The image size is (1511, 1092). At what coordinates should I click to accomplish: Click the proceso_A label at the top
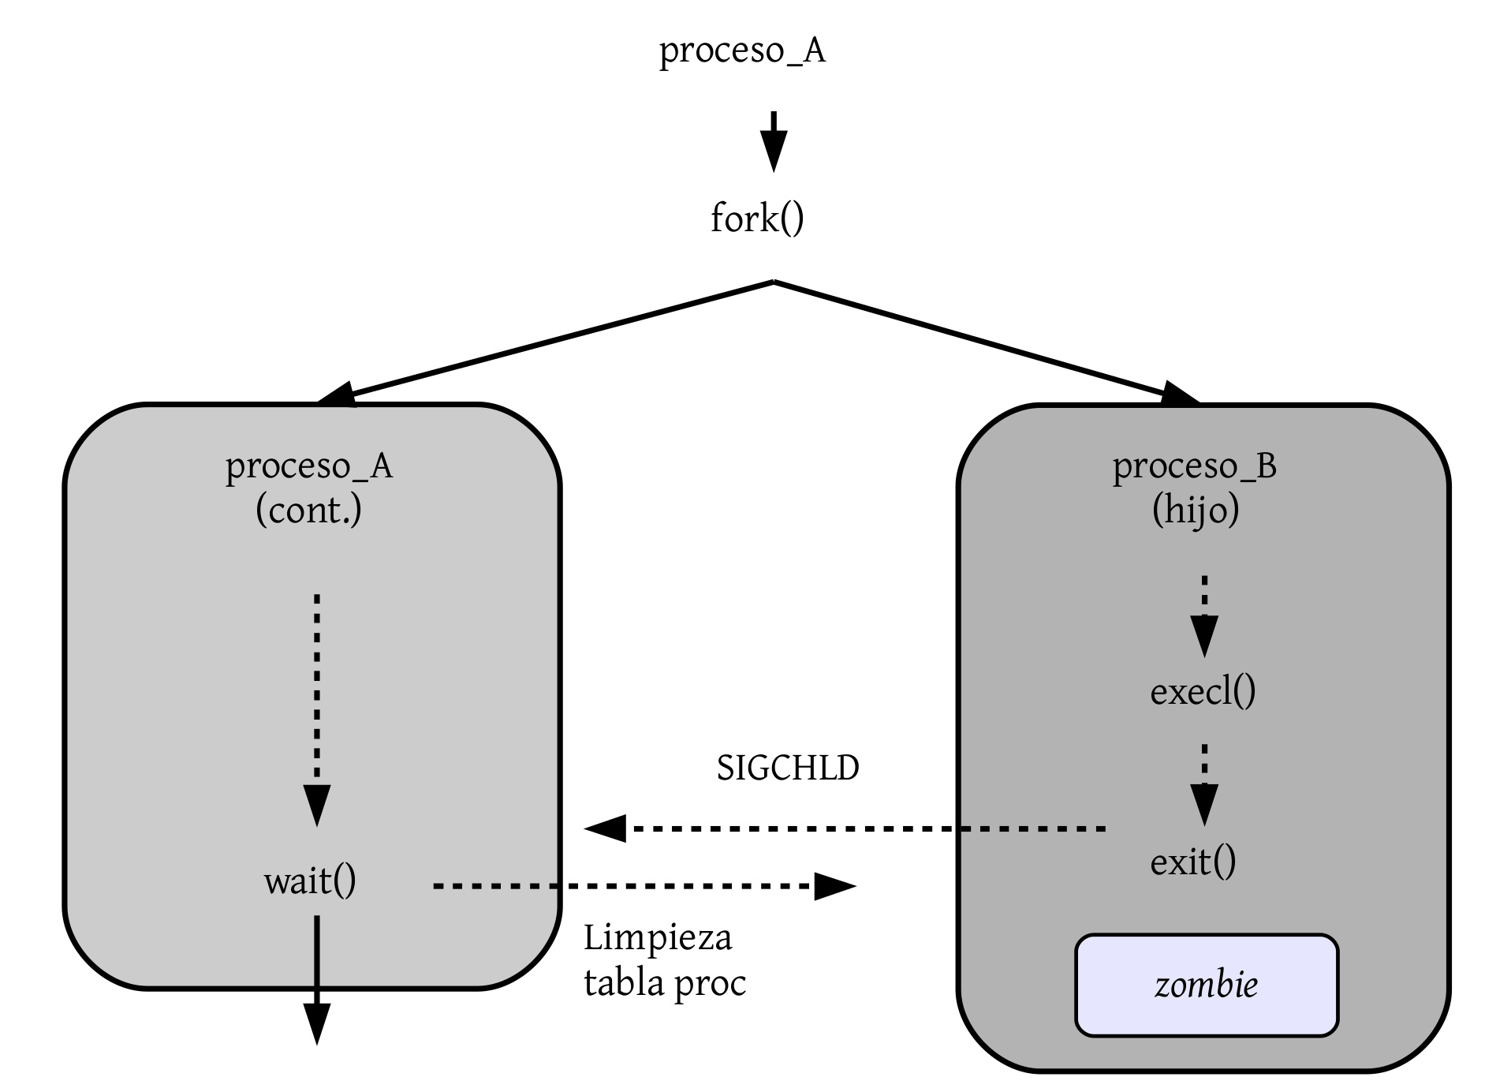click(742, 51)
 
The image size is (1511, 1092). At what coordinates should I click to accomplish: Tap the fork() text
click(757, 219)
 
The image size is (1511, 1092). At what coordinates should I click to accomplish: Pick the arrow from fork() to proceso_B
click(986, 341)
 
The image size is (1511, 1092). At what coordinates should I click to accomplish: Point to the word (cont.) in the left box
click(308, 510)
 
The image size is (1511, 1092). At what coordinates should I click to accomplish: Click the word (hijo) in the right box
click(1196, 510)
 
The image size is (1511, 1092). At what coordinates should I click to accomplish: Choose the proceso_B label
click(1194, 466)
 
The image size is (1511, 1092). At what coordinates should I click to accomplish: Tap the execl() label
click(1203, 692)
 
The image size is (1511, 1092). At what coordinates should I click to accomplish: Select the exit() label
click(1192, 862)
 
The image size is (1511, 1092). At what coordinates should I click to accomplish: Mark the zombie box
click(1206, 985)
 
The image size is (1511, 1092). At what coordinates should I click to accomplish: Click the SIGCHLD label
click(787, 769)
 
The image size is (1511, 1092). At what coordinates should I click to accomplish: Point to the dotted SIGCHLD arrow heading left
click(844, 828)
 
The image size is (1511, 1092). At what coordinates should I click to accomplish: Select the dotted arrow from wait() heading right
click(643, 887)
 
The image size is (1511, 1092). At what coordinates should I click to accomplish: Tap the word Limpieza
click(658, 938)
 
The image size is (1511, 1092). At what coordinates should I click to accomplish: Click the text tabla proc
click(665, 983)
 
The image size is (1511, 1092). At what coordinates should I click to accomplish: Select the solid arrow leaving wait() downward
click(316, 978)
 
